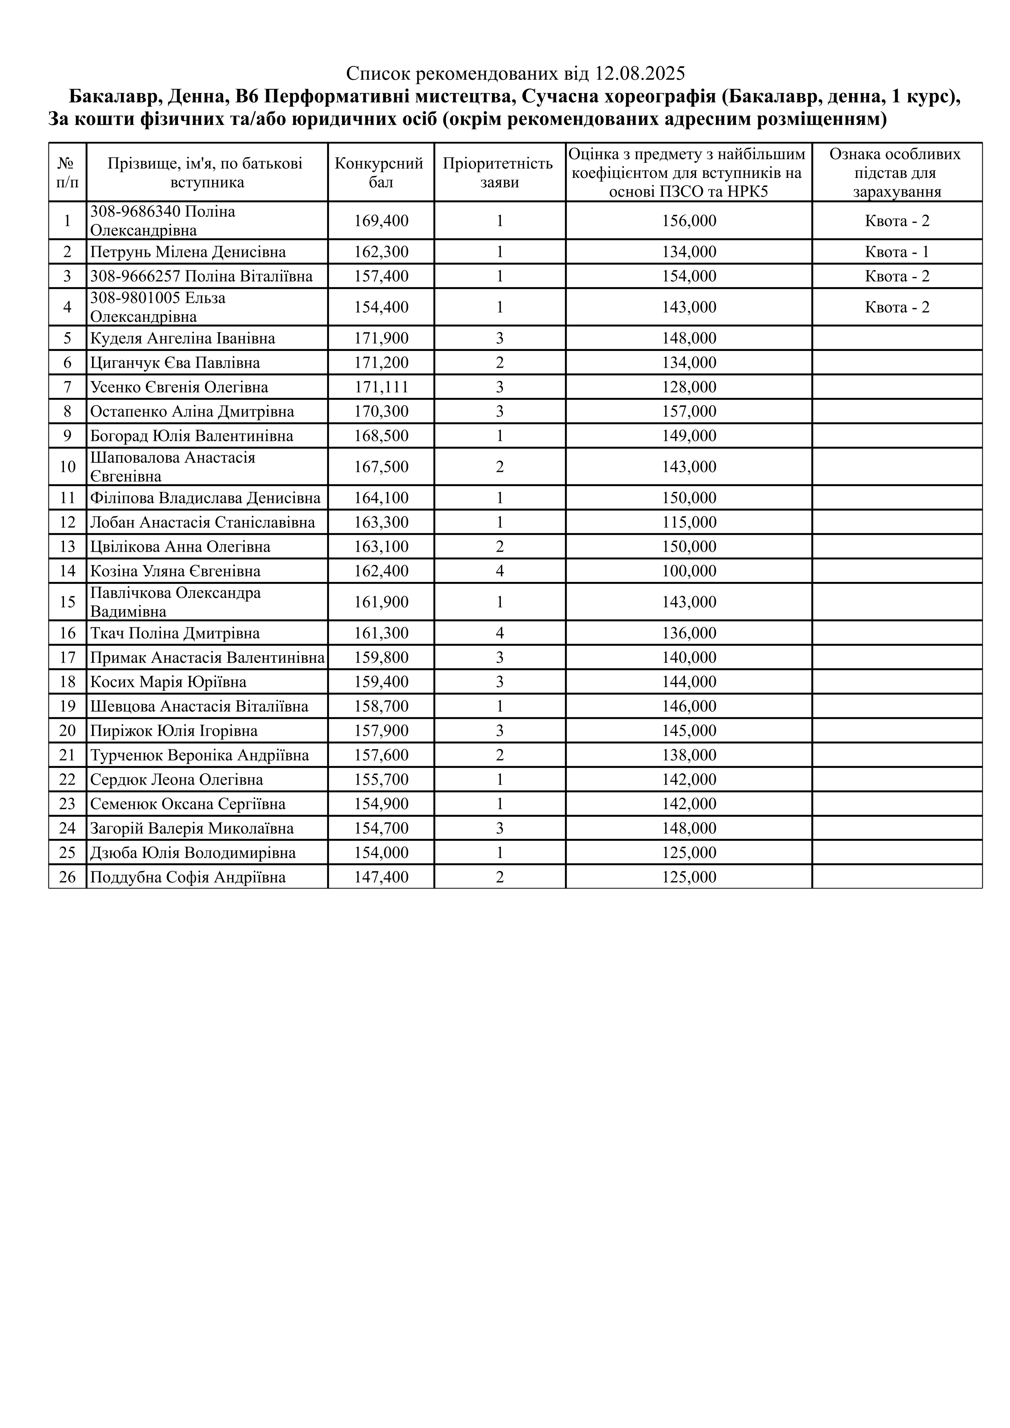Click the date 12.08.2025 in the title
pyautogui.click(x=639, y=74)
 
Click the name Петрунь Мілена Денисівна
pyautogui.click(x=188, y=252)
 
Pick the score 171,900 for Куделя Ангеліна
pyautogui.click(x=381, y=338)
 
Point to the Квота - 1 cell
pyautogui.click(x=897, y=252)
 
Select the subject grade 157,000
pyautogui.click(x=689, y=412)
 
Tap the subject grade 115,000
pyautogui.click(x=689, y=522)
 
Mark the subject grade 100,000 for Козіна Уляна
pyautogui.click(x=689, y=571)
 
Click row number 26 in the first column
pyautogui.click(x=67, y=877)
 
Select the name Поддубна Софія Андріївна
pyautogui.click(x=188, y=877)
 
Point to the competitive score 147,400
pyautogui.click(x=381, y=877)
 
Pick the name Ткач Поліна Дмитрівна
pyautogui.click(x=175, y=633)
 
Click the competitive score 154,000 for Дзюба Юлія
pyautogui.click(x=381, y=853)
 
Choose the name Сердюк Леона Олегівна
pyautogui.click(x=177, y=779)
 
